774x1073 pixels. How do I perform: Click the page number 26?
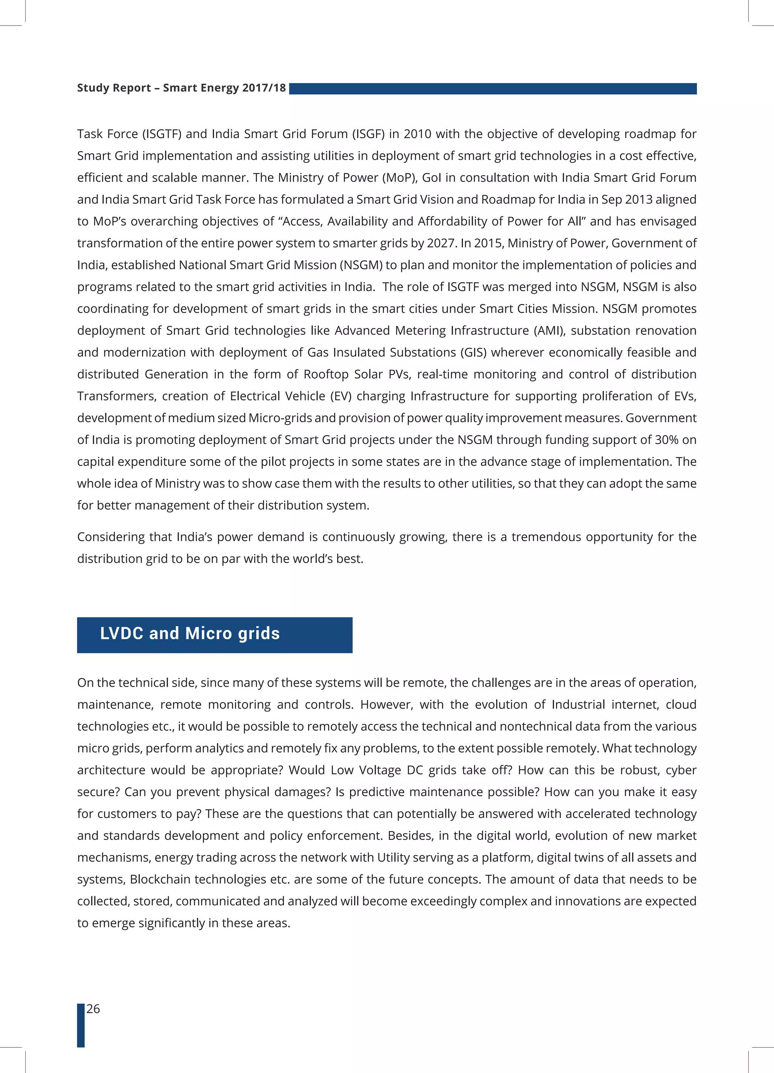click(x=93, y=1009)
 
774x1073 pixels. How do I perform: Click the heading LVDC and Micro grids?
click(x=190, y=633)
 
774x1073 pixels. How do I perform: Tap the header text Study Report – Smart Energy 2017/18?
click(x=181, y=88)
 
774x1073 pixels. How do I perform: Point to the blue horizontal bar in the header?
click(x=492, y=89)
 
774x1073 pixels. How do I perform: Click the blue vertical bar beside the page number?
click(x=81, y=1025)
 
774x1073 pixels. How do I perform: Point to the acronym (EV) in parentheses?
click(x=341, y=396)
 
